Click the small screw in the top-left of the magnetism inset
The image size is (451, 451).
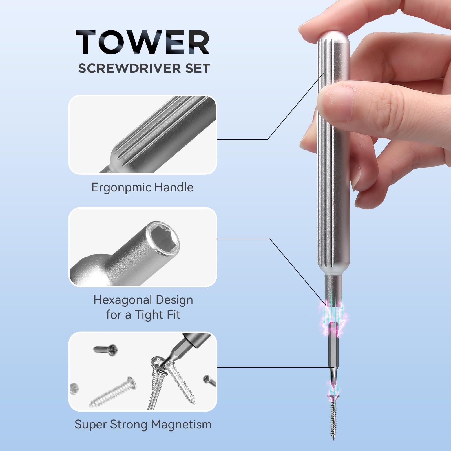105,350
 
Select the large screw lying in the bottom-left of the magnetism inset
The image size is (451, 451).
113,392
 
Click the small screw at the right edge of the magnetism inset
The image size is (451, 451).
209,381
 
